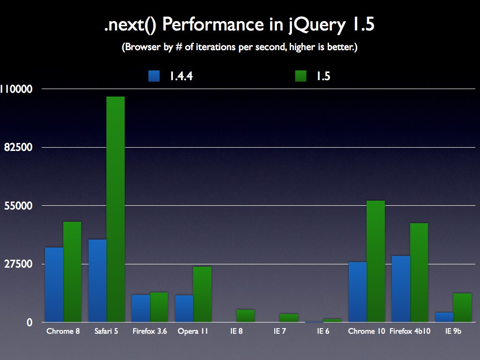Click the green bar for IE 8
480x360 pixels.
pyautogui.click(x=246, y=315)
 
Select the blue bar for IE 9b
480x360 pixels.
pyautogui.click(x=444, y=317)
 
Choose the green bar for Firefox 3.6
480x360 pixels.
pyautogui.click(x=159, y=307)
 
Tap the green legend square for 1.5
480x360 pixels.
pyautogui.click(x=301, y=76)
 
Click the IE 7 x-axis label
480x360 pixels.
pyautogui.click(x=280, y=331)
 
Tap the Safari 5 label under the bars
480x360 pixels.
pyautogui.click(x=106, y=331)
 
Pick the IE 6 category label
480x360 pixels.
pyautogui.click(x=323, y=331)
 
